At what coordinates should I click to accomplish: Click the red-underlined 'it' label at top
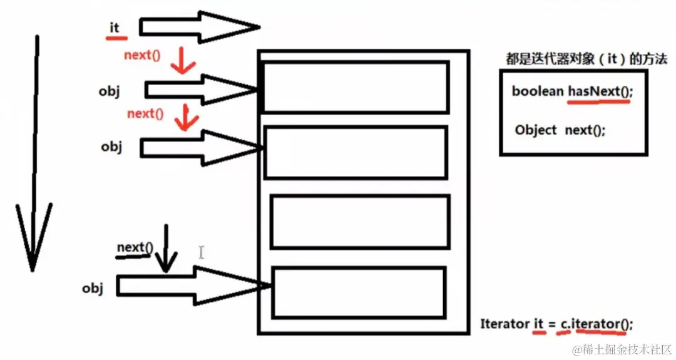pyautogui.click(x=115, y=28)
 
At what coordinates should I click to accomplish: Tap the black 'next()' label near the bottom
pyautogui.click(x=135, y=247)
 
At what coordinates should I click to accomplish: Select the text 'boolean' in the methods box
pyautogui.click(x=537, y=91)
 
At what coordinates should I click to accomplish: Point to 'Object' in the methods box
pyautogui.click(x=536, y=130)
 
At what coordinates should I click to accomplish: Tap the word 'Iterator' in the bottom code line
pyautogui.click(x=504, y=324)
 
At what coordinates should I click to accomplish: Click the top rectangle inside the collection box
pyautogui.click(x=356, y=86)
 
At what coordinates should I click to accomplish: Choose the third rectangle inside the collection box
pyautogui.click(x=360, y=222)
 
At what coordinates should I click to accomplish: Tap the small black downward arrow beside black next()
pyautogui.click(x=166, y=250)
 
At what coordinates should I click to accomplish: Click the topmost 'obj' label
pyautogui.click(x=109, y=91)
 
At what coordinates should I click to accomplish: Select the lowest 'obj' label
pyautogui.click(x=92, y=288)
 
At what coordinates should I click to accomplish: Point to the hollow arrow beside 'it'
pyautogui.click(x=197, y=27)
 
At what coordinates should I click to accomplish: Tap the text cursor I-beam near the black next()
pyautogui.click(x=202, y=252)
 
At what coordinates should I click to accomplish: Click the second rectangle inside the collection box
pyautogui.click(x=356, y=152)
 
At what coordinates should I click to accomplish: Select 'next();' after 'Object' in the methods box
pyautogui.click(x=585, y=130)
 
